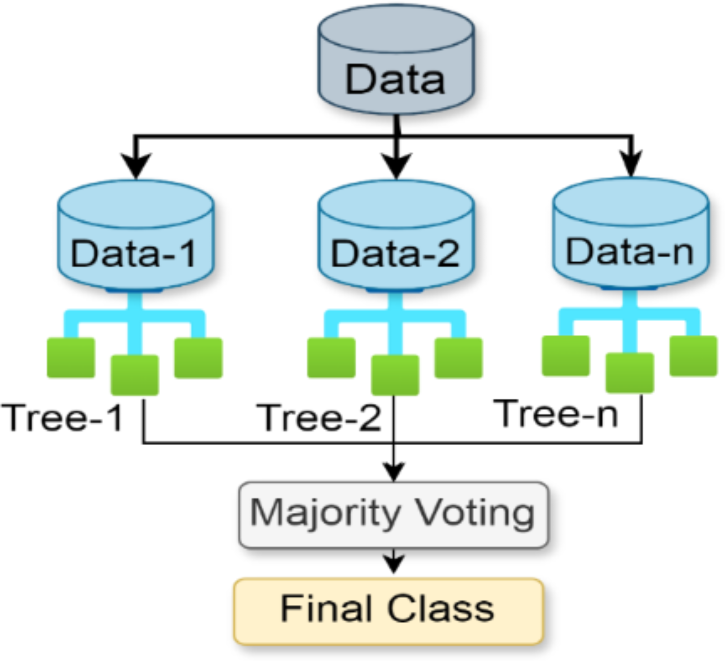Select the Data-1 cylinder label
(134, 254)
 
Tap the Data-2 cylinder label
(395, 254)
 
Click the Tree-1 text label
(62, 418)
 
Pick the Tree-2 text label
(318, 418)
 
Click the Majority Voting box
(393, 515)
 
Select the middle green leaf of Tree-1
(135, 375)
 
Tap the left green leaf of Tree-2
(331, 358)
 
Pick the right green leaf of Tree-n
(693, 356)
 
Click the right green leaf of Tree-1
(198, 358)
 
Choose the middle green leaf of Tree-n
(630, 373)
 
